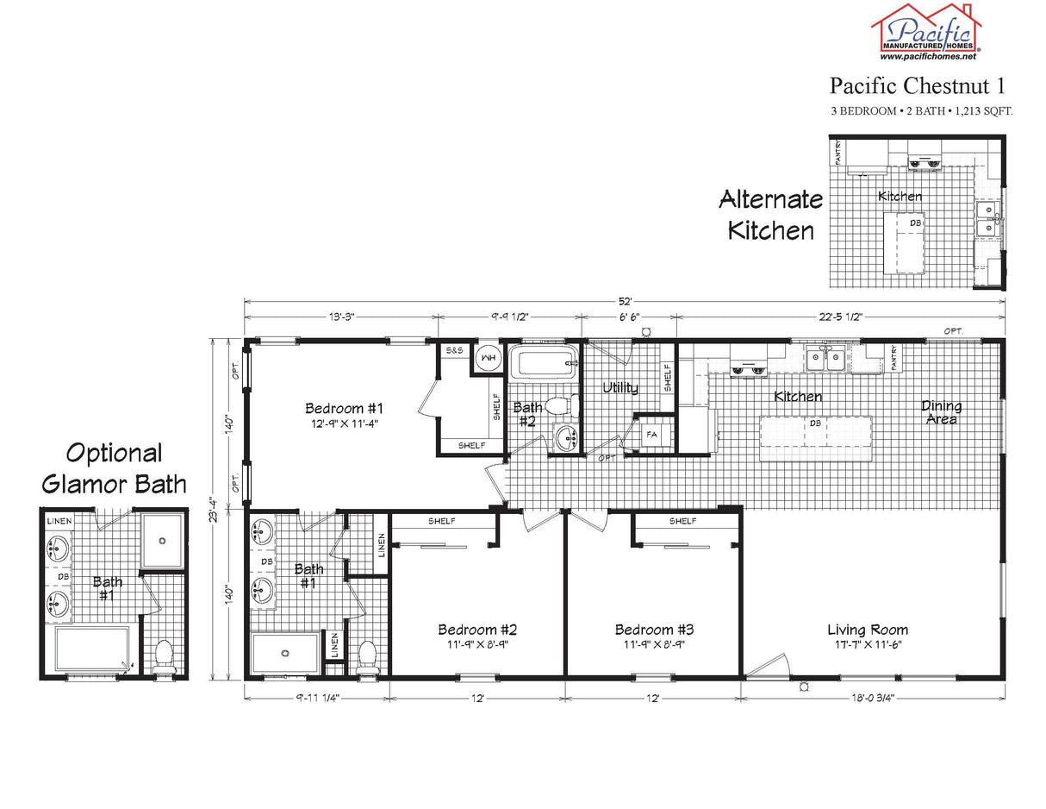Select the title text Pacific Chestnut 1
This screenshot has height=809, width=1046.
coord(917,85)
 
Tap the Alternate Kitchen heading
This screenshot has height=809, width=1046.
coord(770,215)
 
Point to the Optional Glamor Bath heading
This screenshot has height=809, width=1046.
coord(114,467)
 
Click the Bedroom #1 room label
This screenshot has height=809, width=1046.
coord(343,414)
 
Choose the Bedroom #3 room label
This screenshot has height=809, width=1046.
coord(654,636)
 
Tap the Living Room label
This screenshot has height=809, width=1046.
coord(868,636)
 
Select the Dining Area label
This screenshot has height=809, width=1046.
coord(941,412)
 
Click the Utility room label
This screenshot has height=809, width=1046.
coord(620,387)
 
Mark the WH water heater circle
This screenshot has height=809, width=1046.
coord(488,358)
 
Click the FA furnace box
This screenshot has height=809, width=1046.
coord(651,434)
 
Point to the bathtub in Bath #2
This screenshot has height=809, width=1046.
coord(541,362)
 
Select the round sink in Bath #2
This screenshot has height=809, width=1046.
coord(567,437)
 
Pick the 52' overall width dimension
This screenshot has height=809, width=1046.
coord(625,301)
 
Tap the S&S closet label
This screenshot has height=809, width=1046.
coord(454,352)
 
